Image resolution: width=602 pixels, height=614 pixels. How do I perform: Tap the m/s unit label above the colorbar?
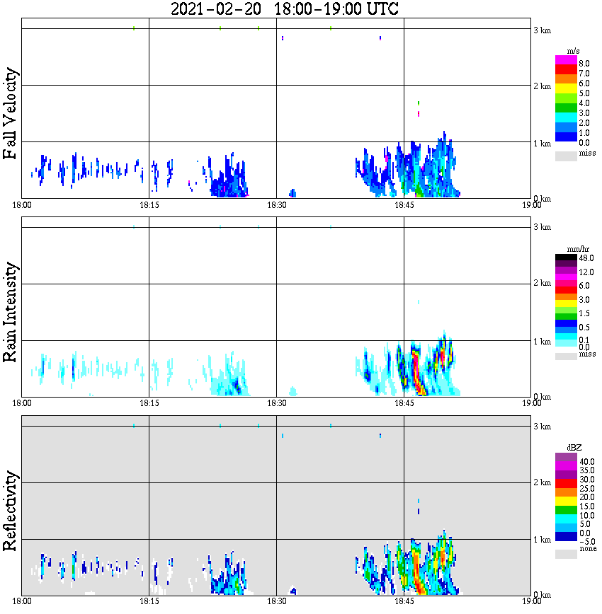click(x=574, y=52)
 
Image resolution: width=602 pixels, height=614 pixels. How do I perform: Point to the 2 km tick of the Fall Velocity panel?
click(x=542, y=86)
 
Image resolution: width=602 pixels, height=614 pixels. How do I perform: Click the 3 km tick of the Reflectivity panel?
click(x=542, y=427)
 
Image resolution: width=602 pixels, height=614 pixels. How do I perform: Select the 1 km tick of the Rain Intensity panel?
click(x=542, y=342)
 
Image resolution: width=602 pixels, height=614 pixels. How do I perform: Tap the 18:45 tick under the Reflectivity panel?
click(x=404, y=601)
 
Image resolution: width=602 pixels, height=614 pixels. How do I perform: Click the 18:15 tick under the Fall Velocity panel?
click(x=149, y=204)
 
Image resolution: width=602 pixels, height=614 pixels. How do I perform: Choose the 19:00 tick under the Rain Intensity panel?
click(x=532, y=403)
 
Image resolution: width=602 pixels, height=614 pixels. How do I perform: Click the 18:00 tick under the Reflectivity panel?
click(x=22, y=601)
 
